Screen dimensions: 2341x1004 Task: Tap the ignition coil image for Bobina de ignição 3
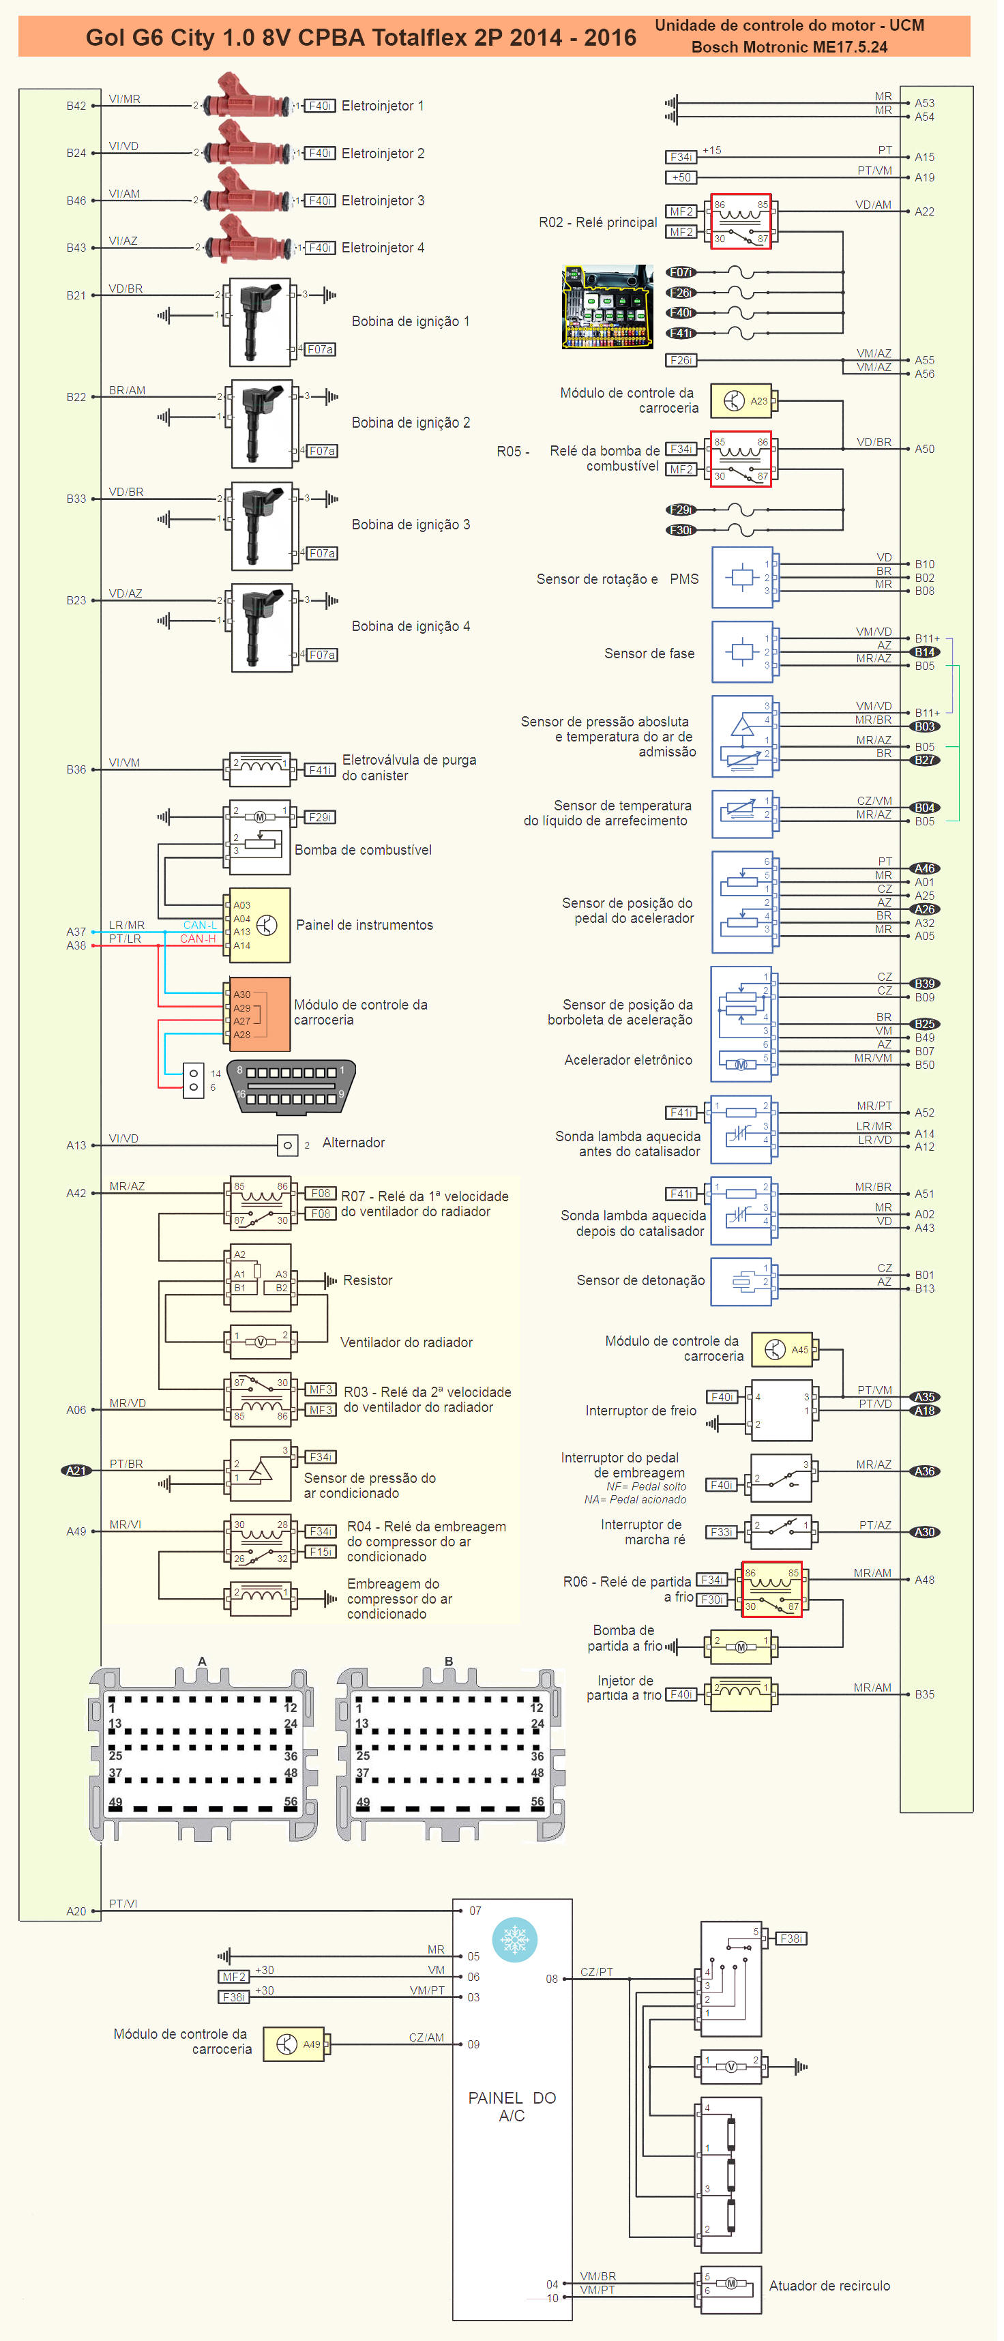pyautogui.click(x=261, y=526)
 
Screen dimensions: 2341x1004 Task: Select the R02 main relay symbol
pyautogui.click(x=741, y=222)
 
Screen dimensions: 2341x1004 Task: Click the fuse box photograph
pyautogui.click(x=608, y=307)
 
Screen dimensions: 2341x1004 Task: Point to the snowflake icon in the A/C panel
pyautogui.click(x=514, y=1940)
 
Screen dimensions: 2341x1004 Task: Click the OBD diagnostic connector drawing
pyautogui.click(x=291, y=1086)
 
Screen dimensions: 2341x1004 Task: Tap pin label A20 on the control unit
pyautogui.click(x=76, y=1911)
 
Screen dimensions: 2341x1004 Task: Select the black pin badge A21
pyautogui.click(x=76, y=1471)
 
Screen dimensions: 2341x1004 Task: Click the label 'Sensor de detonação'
pyautogui.click(x=640, y=1280)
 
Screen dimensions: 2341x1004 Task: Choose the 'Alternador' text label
pyautogui.click(x=353, y=1143)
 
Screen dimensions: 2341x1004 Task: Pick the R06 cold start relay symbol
pyautogui.click(x=771, y=1589)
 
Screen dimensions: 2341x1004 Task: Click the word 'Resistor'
pyautogui.click(x=368, y=1280)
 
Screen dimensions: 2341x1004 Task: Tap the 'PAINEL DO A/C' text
pyautogui.click(x=512, y=2106)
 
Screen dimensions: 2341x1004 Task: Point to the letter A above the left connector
pyautogui.click(x=202, y=1661)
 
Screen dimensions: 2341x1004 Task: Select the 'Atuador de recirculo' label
pyautogui.click(x=829, y=2286)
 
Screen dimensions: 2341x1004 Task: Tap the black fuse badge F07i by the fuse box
pyautogui.click(x=681, y=271)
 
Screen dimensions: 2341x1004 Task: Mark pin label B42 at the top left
pyautogui.click(x=76, y=106)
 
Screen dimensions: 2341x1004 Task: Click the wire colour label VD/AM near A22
pyautogui.click(x=873, y=205)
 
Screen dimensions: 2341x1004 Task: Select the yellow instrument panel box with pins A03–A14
pyautogui.click(x=260, y=925)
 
